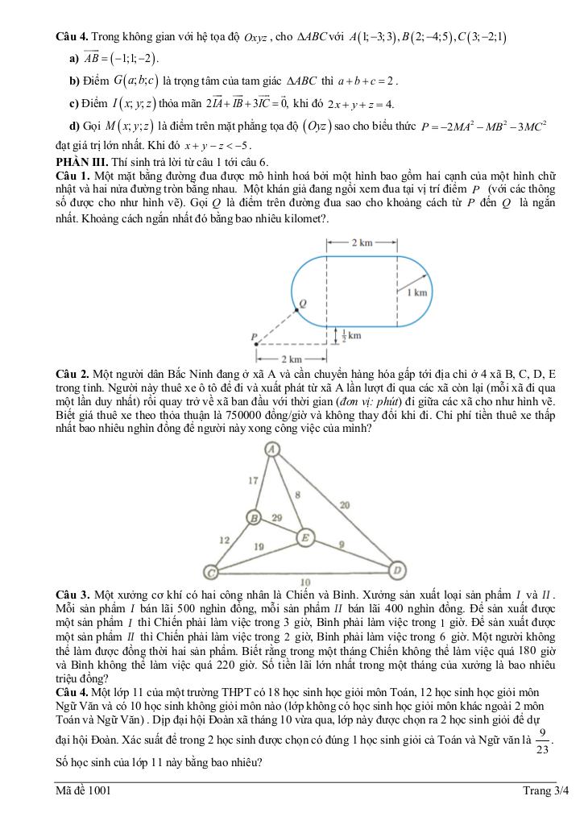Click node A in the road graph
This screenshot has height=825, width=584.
[272, 449]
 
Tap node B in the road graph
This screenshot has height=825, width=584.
[254, 517]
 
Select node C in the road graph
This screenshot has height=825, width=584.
[211, 572]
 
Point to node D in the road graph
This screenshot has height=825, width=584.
[397, 571]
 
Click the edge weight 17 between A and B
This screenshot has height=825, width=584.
[252, 481]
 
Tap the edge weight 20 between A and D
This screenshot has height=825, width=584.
[344, 505]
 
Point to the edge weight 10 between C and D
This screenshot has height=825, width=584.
[304, 582]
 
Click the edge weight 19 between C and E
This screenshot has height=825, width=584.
[259, 547]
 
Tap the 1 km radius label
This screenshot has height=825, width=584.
[416, 292]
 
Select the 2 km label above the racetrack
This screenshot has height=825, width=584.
[361, 242]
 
